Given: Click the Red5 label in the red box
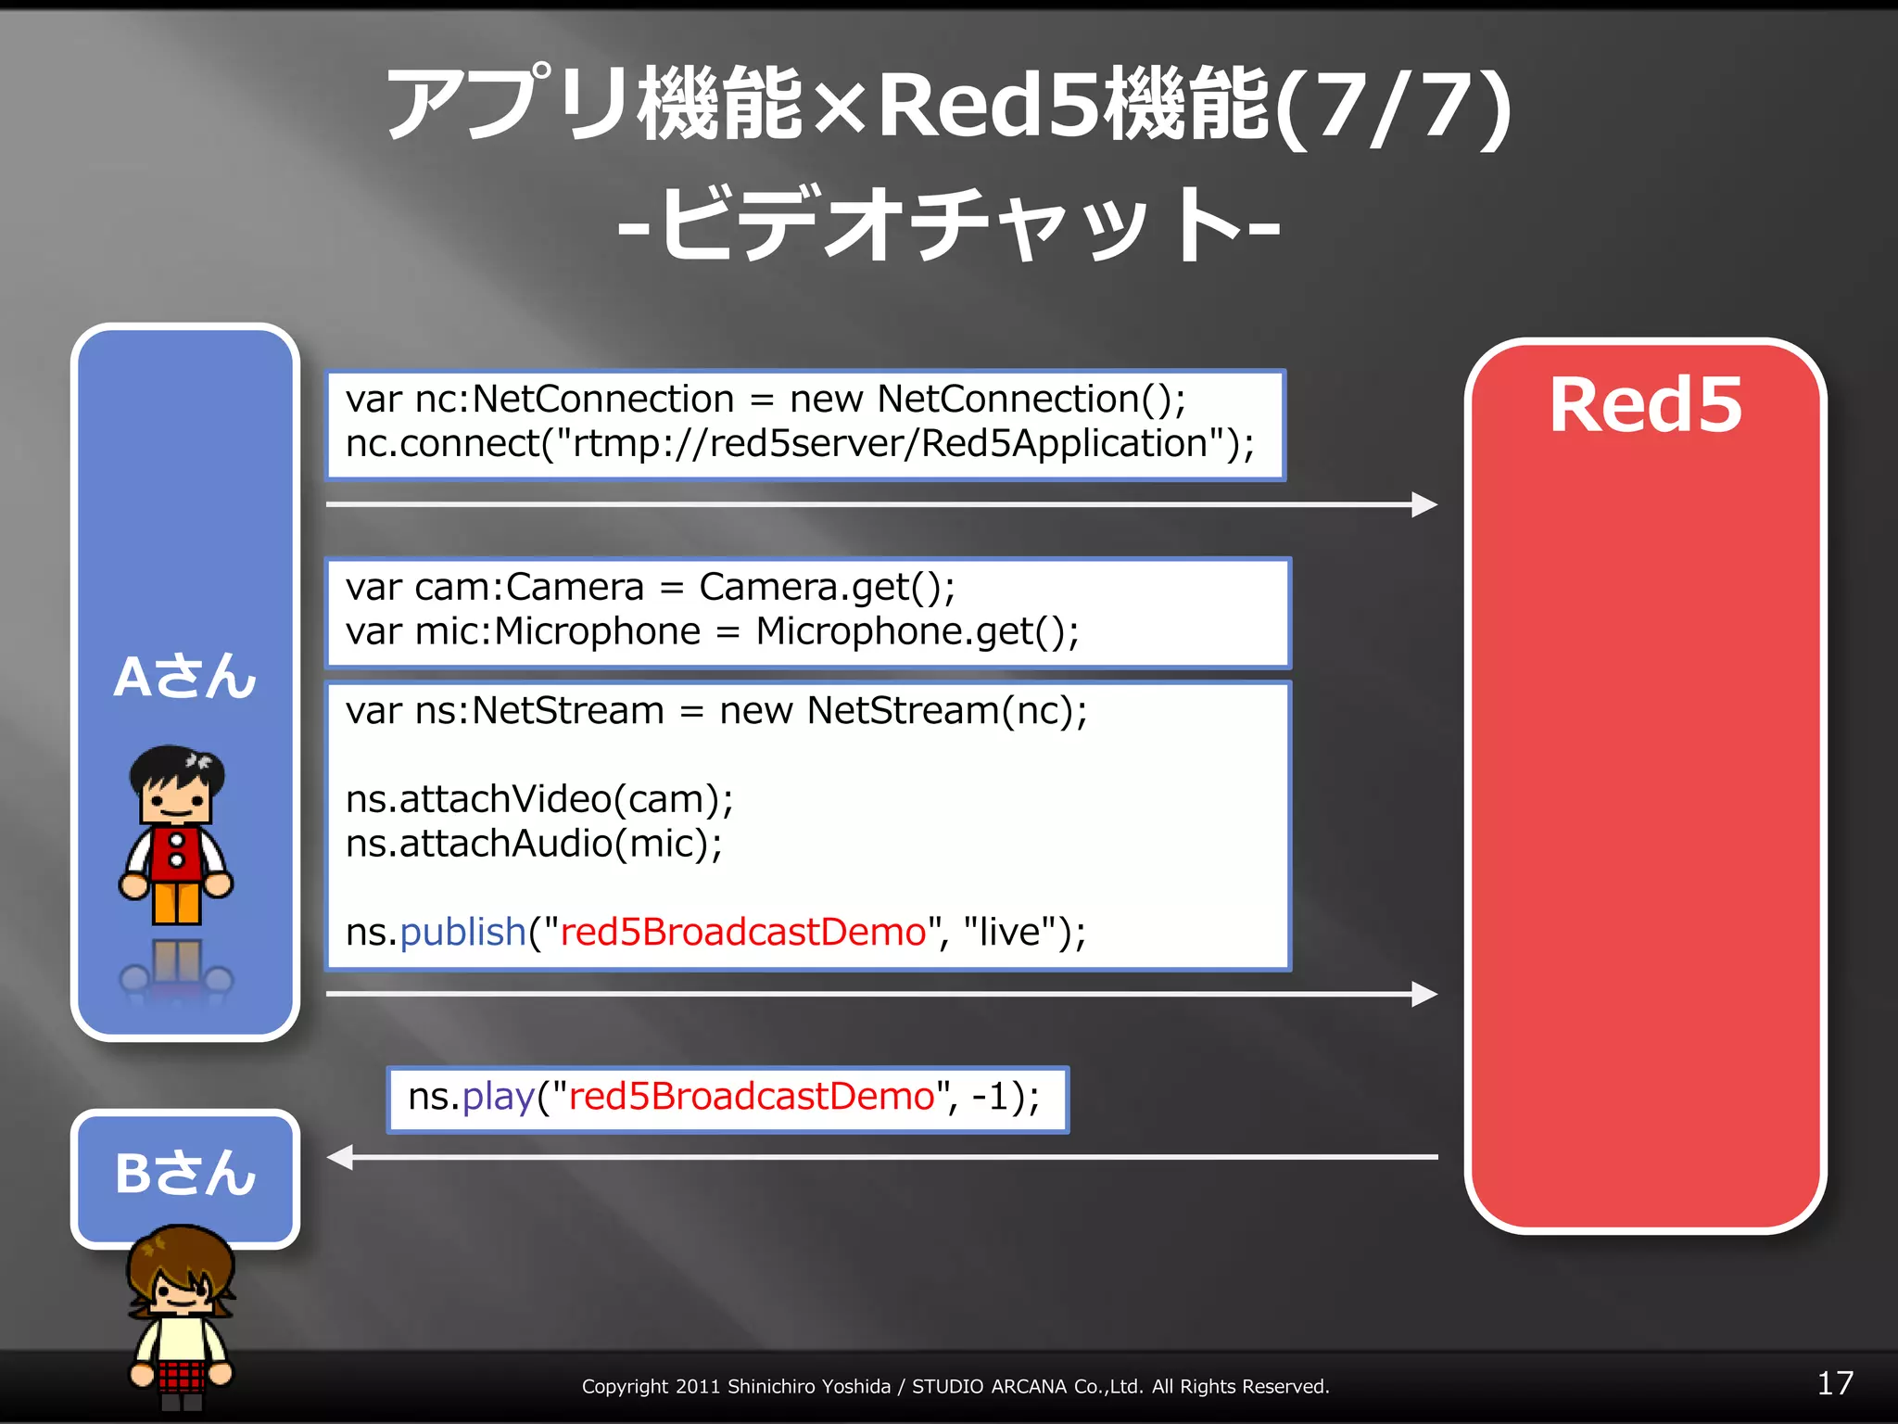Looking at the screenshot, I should pyautogui.click(x=1645, y=405).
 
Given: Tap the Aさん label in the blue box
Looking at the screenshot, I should pyautogui.click(x=184, y=676).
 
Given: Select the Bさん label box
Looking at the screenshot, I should pyautogui.click(x=184, y=1175).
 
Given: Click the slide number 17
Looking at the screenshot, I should pyautogui.click(x=1834, y=1384).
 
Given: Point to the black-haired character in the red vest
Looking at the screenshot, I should pyautogui.click(x=176, y=834).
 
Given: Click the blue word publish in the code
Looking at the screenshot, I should pyautogui.click(x=462, y=932).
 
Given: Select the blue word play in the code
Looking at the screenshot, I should pyautogui.click(x=498, y=1097).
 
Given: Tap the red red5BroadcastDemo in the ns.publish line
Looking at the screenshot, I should pyautogui.click(x=743, y=932).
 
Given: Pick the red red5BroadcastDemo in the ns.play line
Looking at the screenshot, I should pyautogui.click(x=752, y=1097).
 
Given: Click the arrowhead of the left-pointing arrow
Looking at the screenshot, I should pyautogui.click(x=341, y=1157).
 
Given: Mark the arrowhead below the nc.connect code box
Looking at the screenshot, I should pyautogui.click(x=1423, y=504).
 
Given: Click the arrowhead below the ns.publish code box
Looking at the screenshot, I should pyautogui.click(x=1423, y=994).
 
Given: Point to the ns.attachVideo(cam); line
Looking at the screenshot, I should pyautogui.click(x=539, y=799).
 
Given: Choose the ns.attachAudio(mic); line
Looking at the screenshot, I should pyautogui.click(x=534, y=844).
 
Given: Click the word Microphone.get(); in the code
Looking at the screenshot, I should pyautogui.click(x=917, y=632).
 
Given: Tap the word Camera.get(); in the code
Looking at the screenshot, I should pyautogui.click(x=827, y=588).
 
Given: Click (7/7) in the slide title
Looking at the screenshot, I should pyautogui.click(x=1394, y=107).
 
